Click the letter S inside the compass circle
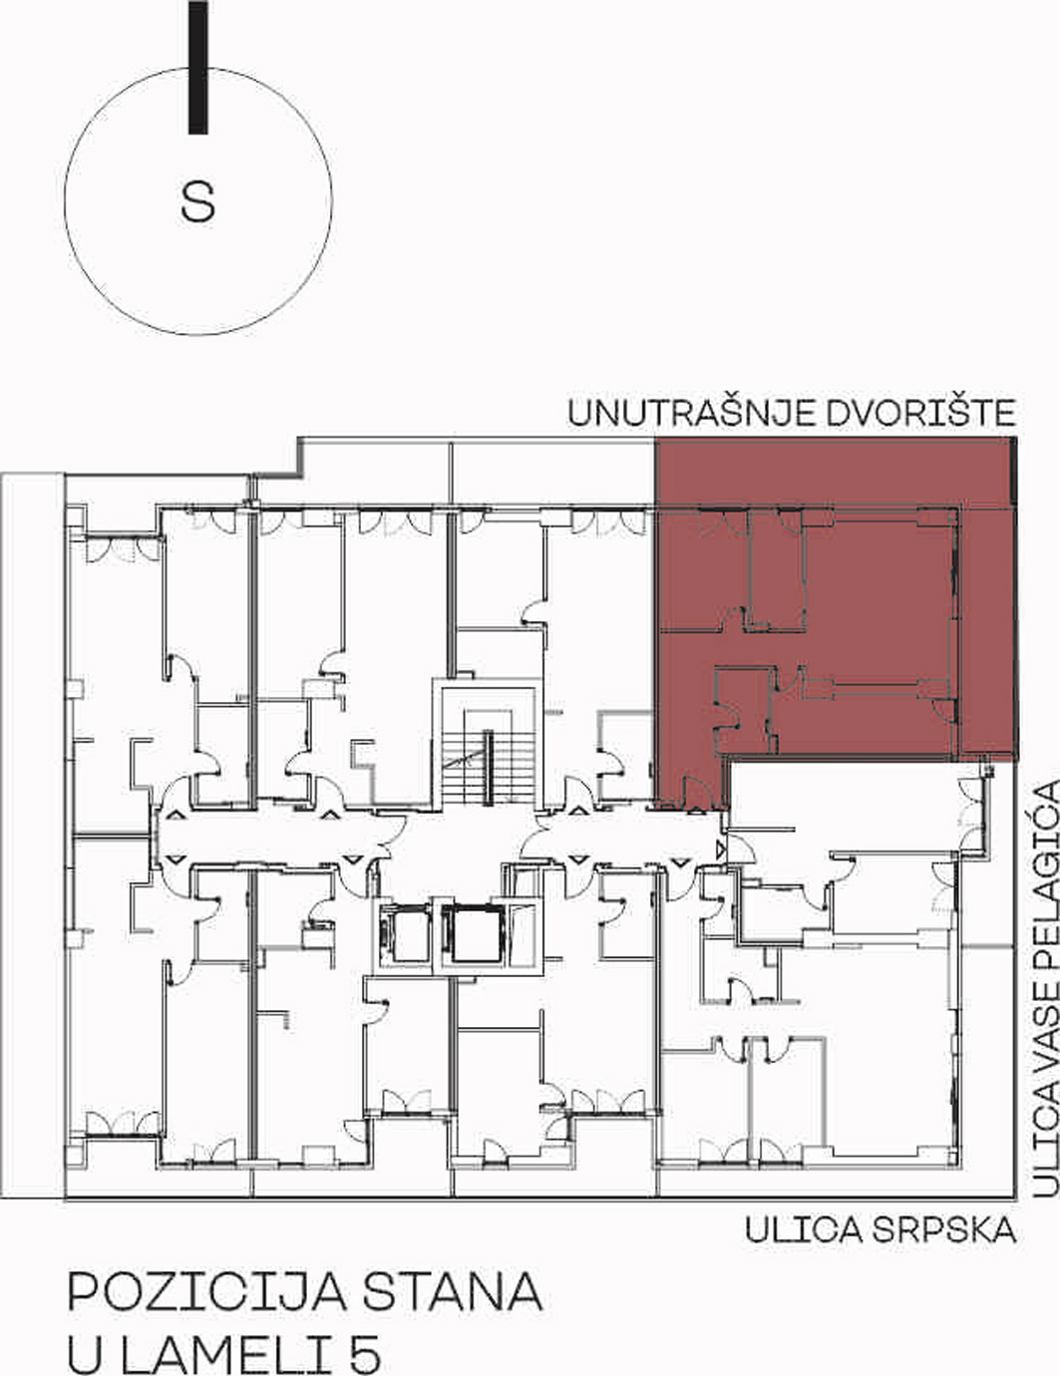tap(197, 201)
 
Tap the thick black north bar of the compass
tap(198, 67)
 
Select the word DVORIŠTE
tap(919, 412)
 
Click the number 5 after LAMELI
tap(365, 1332)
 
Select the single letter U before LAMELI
tap(85, 1332)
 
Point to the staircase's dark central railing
tap(489, 767)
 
